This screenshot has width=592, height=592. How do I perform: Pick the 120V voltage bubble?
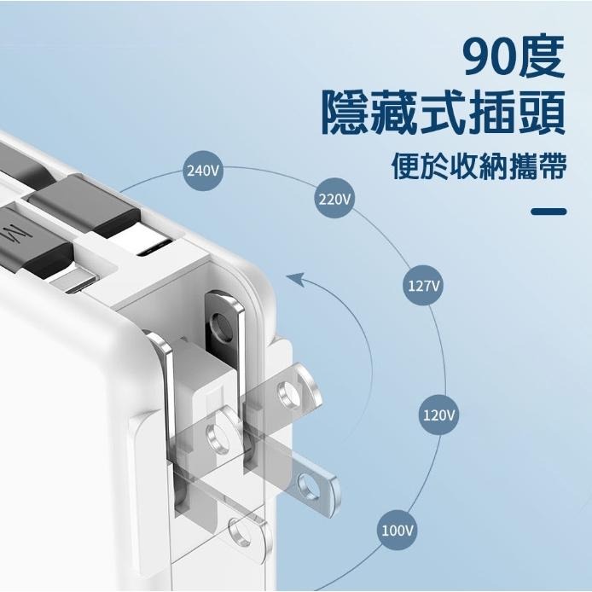coord(439,415)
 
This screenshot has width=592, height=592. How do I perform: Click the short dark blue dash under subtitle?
coord(548,212)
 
